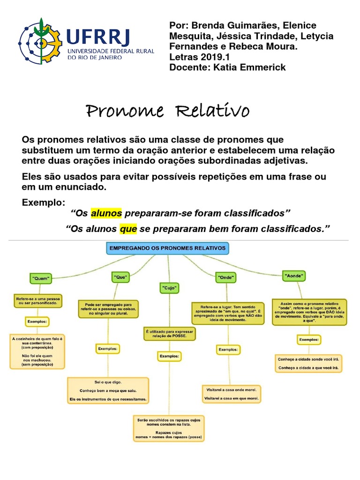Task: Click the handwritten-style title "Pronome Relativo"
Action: (x=167, y=112)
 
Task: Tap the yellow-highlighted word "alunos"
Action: (x=106, y=214)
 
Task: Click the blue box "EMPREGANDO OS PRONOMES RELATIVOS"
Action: (x=167, y=248)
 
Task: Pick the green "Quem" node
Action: (x=41, y=277)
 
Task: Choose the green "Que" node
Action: (x=121, y=277)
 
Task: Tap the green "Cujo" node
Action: (x=170, y=286)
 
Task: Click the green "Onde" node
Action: (x=225, y=277)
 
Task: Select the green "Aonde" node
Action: (x=294, y=276)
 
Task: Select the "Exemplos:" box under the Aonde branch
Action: (x=309, y=339)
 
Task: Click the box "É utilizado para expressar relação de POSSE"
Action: (x=170, y=334)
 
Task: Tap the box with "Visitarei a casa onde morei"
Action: (x=232, y=394)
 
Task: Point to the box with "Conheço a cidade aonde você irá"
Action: (x=308, y=363)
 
